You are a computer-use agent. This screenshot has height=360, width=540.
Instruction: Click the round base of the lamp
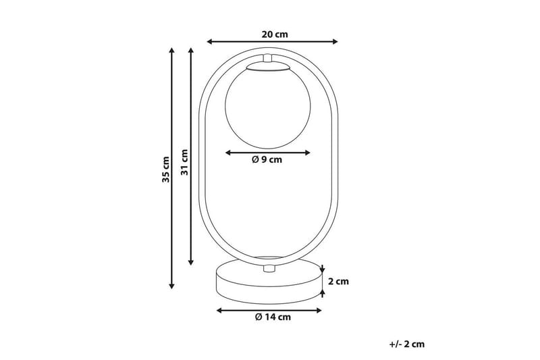(x=267, y=283)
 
